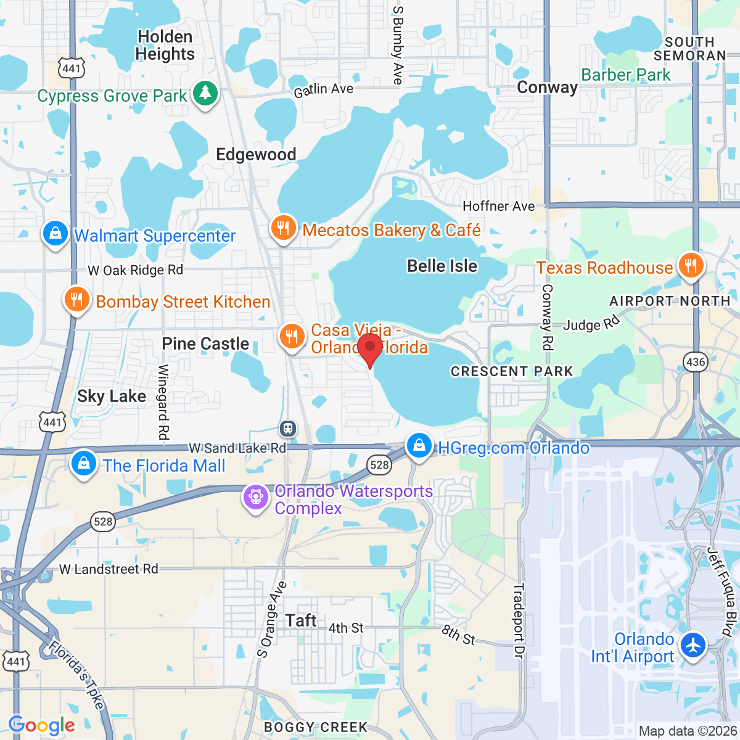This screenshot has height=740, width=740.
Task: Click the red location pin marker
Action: pos(369,349)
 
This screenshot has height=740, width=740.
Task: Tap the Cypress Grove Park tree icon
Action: pos(205,94)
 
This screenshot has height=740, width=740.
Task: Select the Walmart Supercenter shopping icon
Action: pos(55,234)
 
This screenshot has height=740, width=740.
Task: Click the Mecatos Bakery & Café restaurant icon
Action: pos(283,228)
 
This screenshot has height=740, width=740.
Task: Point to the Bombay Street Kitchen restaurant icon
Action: pos(76,300)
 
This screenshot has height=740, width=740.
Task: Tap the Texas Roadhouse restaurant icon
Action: pos(690,266)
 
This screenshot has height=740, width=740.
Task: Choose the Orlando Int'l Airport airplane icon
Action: pos(694,646)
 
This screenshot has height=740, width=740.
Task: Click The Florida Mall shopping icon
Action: pos(83,463)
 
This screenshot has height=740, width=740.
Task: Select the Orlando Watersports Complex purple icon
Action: pos(255,497)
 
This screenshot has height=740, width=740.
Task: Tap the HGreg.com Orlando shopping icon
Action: pos(419,445)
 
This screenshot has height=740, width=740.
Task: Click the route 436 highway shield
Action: pos(696,362)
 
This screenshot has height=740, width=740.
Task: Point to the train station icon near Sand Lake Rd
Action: pos(288,428)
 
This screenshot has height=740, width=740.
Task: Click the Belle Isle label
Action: pos(442,266)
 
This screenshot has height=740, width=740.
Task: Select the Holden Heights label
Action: pos(165,46)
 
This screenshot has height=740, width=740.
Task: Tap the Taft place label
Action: pos(301,620)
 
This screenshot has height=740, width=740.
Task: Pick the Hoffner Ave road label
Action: pos(498,206)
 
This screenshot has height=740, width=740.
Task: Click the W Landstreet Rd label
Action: pos(109,569)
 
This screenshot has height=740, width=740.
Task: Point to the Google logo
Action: pos(42,725)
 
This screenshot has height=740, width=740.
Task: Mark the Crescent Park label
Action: pos(512,371)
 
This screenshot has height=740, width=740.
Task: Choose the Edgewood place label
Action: pos(256,154)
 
